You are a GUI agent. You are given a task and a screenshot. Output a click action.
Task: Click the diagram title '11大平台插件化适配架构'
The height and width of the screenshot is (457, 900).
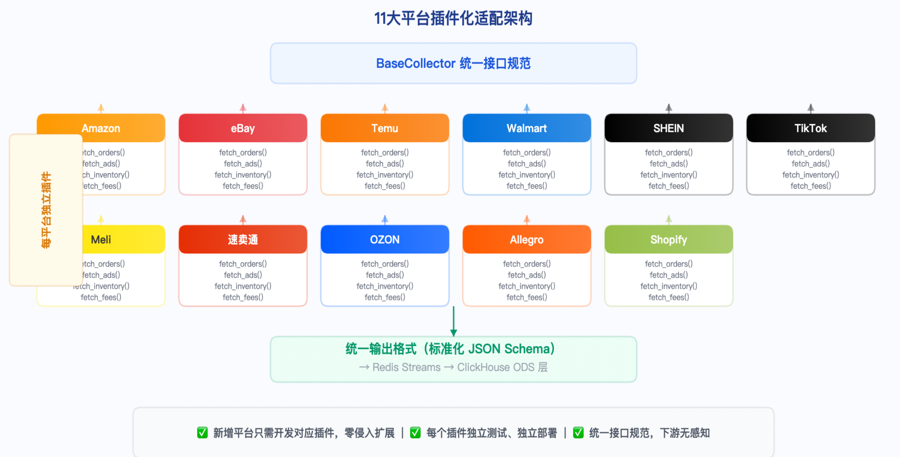tap(453, 18)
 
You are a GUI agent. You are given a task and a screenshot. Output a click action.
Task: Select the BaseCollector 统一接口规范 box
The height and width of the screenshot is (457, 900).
tap(453, 63)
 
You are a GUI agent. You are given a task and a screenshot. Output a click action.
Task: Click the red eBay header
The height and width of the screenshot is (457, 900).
tap(243, 128)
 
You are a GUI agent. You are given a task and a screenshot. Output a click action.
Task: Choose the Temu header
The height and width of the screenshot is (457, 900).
tap(385, 128)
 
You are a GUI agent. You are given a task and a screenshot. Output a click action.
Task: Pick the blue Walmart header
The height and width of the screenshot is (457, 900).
tap(526, 128)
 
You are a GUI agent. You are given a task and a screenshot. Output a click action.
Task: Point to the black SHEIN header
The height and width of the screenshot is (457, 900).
tap(668, 128)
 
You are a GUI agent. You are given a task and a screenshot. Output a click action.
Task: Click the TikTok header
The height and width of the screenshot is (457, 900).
tap(810, 128)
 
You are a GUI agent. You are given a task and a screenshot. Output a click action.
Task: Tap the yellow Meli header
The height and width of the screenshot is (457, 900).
tap(112, 239)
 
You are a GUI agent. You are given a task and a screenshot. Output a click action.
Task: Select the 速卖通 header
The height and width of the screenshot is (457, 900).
tap(243, 239)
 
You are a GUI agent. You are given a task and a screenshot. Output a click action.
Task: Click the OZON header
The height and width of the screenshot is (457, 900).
tap(385, 239)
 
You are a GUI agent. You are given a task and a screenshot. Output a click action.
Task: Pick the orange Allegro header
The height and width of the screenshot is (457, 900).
tap(526, 239)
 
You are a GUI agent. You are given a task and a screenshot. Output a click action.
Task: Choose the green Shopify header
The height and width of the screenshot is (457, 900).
tap(668, 239)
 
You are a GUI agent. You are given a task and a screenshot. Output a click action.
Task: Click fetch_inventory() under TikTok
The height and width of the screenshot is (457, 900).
tap(810, 175)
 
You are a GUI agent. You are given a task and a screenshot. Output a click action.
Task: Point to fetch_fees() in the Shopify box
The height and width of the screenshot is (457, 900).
tap(668, 297)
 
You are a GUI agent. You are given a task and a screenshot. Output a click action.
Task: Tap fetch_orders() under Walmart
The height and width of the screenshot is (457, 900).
tap(526, 152)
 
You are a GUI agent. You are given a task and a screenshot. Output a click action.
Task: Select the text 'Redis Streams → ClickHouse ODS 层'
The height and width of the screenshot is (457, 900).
tap(453, 367)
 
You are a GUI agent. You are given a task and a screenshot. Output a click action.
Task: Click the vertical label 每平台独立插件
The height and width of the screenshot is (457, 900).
tap(46, 210)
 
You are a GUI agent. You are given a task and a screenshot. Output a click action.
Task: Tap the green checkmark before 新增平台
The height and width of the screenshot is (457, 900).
tap(202, 433)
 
